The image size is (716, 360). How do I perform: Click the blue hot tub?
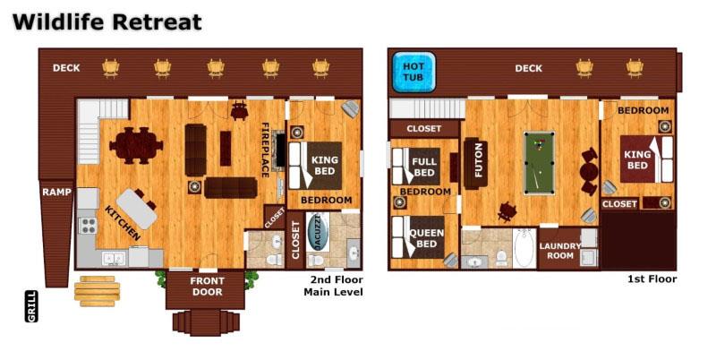click(x=413, y=72)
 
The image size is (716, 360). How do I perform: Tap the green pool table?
click(x=541, y=162)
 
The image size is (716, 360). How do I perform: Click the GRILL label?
click(x=32, y=306)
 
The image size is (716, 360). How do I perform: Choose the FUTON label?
click(x=479, y=159)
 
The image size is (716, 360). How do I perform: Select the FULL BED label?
click(x=424, y=167)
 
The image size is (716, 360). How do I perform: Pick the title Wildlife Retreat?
click(x=107, y=22)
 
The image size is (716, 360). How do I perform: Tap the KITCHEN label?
click(x=122, y=223)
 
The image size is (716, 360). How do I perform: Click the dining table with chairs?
click(x=138, y=144)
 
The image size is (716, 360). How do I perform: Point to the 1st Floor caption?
click(x=652, y=279)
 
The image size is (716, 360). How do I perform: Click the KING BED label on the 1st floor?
click(x=636, y=159)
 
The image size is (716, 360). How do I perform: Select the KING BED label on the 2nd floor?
click(x=324, y=166)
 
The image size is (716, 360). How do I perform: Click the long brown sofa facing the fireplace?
click(x=230, y=187)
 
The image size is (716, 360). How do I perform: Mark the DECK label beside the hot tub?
click(x=528, y=68)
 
